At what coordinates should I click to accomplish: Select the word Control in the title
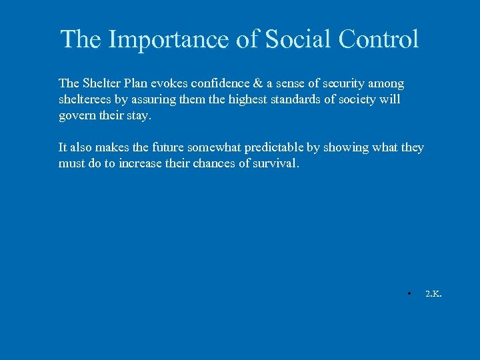coord(378,40)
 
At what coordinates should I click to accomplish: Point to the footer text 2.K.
coord(433,293)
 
